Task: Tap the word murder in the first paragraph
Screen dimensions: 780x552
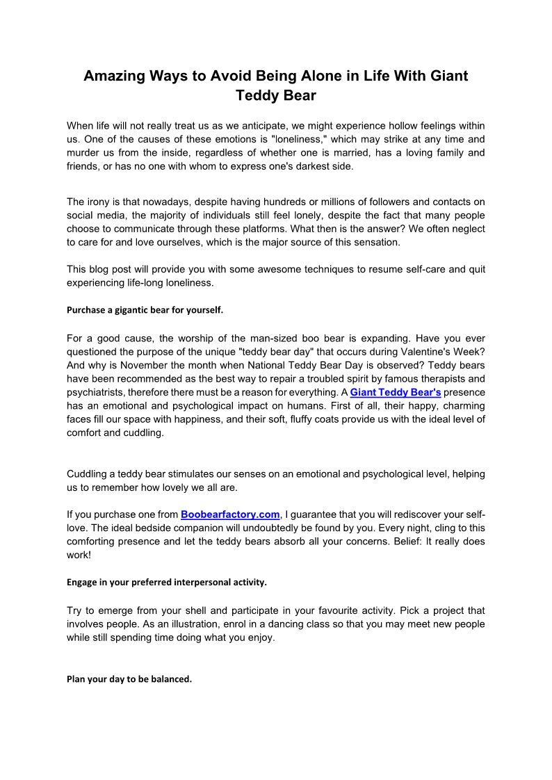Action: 85,152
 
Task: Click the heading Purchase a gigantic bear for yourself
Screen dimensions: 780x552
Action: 145,311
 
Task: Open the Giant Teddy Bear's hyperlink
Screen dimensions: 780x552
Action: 396,392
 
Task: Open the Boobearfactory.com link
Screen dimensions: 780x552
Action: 230,514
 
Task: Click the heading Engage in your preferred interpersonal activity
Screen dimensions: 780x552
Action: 167,581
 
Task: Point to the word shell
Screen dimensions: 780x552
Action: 195,611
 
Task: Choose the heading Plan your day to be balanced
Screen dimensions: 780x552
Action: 129,679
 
